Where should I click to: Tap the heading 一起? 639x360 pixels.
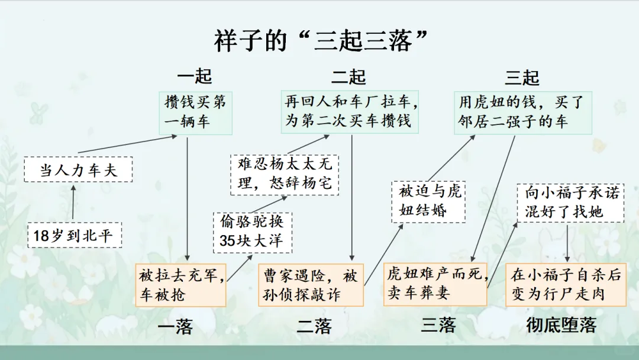[194, 77]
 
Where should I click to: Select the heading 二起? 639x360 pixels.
[348, 77]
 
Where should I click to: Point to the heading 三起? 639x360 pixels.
[522, 77]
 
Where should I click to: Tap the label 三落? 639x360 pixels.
[438, 325]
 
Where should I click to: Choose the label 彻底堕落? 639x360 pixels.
[561, 325]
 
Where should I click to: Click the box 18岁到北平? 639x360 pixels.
[73, 236]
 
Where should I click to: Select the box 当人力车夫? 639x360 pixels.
[78, 171]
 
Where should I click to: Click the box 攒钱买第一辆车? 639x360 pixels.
[195, 112]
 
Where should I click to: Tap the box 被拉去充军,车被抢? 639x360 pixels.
[180, 285]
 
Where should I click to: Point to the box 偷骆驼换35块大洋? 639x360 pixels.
[252, 232]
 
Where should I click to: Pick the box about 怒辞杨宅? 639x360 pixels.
[285, 173]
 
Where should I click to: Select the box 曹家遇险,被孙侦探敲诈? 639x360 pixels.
[311, 285]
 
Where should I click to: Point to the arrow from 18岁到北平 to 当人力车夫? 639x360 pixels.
[73, 203]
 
